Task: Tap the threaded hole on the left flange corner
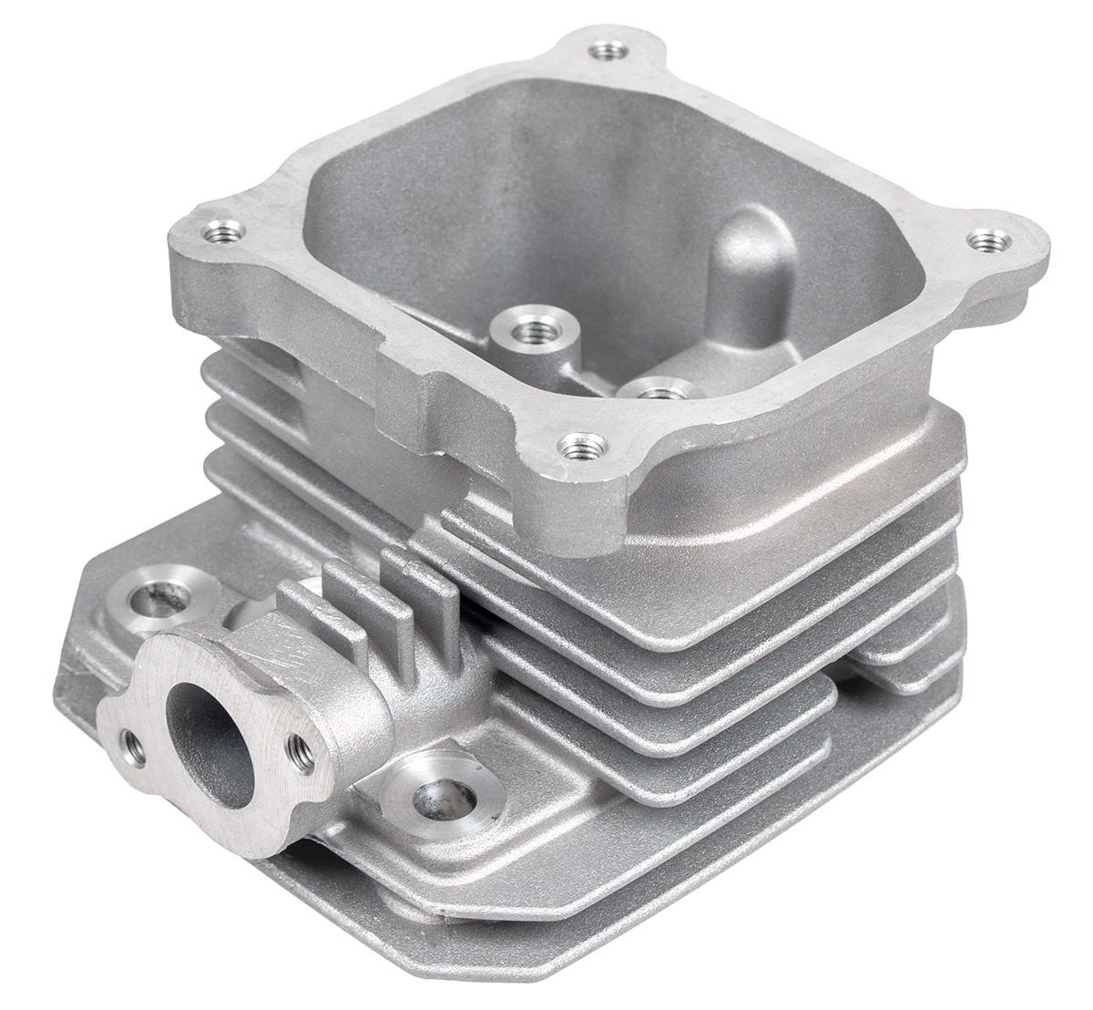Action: (221, 231)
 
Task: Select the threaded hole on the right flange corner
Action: (988, 242)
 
